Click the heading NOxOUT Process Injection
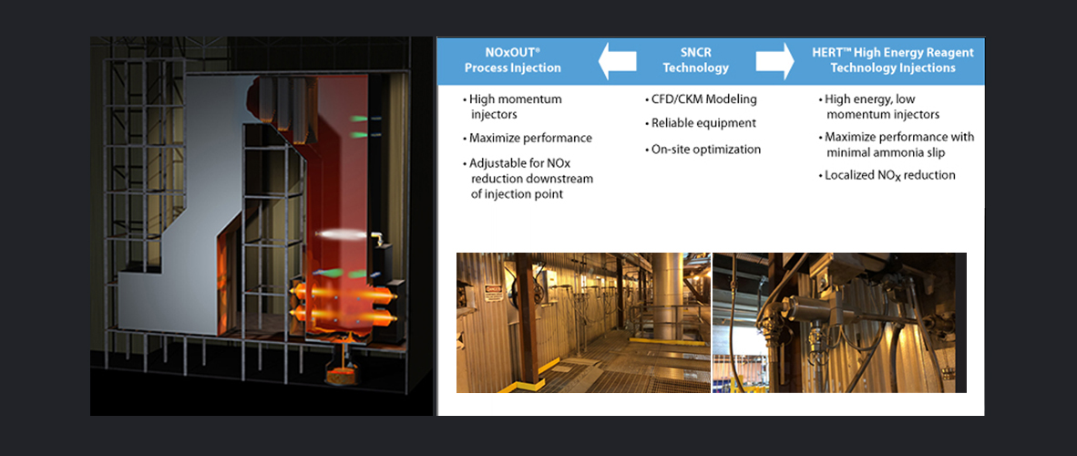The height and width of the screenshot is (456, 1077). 512,60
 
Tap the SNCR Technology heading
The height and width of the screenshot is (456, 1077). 696,60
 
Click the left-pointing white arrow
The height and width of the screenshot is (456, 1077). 618,61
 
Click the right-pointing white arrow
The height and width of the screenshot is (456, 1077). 775,61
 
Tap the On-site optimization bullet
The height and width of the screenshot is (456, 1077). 703,150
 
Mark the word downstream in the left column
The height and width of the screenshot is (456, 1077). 559,179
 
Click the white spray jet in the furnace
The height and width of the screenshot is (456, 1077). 342,235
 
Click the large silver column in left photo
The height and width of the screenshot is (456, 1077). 667,295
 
